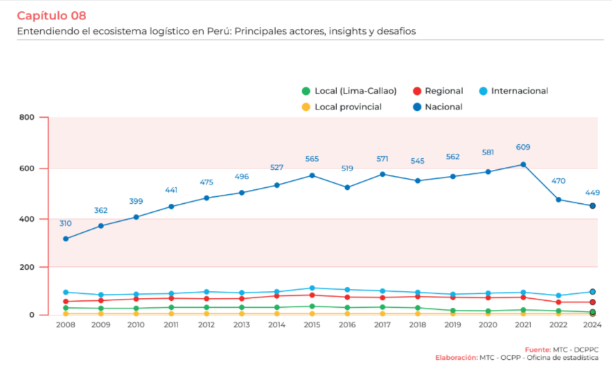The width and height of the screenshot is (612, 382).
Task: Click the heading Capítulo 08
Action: pos(51,15)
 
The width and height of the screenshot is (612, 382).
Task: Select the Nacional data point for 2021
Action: pos(523,164)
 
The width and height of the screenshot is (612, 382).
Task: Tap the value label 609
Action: pos(523,147)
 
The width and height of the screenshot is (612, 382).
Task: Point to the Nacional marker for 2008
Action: pos(66,238)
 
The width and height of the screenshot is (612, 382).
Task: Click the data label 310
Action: pos(66,223)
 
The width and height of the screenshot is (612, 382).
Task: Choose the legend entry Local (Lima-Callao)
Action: pos(349,91)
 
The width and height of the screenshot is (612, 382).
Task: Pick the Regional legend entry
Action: pos(438,91)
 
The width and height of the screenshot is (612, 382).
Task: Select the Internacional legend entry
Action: pos(514,91)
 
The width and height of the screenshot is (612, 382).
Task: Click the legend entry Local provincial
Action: pos(342,107)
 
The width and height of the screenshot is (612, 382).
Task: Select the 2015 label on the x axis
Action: pos(312,324)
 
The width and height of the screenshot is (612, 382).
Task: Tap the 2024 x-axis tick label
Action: pos(593,324)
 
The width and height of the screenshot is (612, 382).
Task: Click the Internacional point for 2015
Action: pos(312,288)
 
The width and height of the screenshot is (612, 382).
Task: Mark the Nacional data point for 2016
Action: pos(347,187)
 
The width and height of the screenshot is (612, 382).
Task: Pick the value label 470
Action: pos(558,181)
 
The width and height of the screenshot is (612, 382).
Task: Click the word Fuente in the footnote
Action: pos(536,349)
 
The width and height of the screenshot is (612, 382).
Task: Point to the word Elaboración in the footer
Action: pos(456,358)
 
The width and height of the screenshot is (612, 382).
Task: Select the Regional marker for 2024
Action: pos(593,302)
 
